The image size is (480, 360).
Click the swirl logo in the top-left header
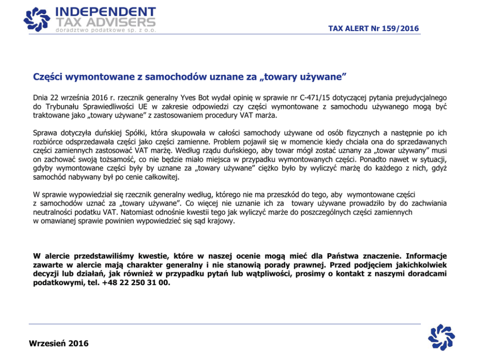tap(36, 18)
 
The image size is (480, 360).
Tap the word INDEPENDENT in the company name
tap(106, 12)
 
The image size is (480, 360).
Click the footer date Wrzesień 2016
tap(59, 344)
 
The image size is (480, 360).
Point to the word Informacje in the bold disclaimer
tap(426, 256)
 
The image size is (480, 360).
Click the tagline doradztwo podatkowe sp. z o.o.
tap(106, 30)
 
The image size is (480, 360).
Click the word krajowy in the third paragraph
tap(221, 221)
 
